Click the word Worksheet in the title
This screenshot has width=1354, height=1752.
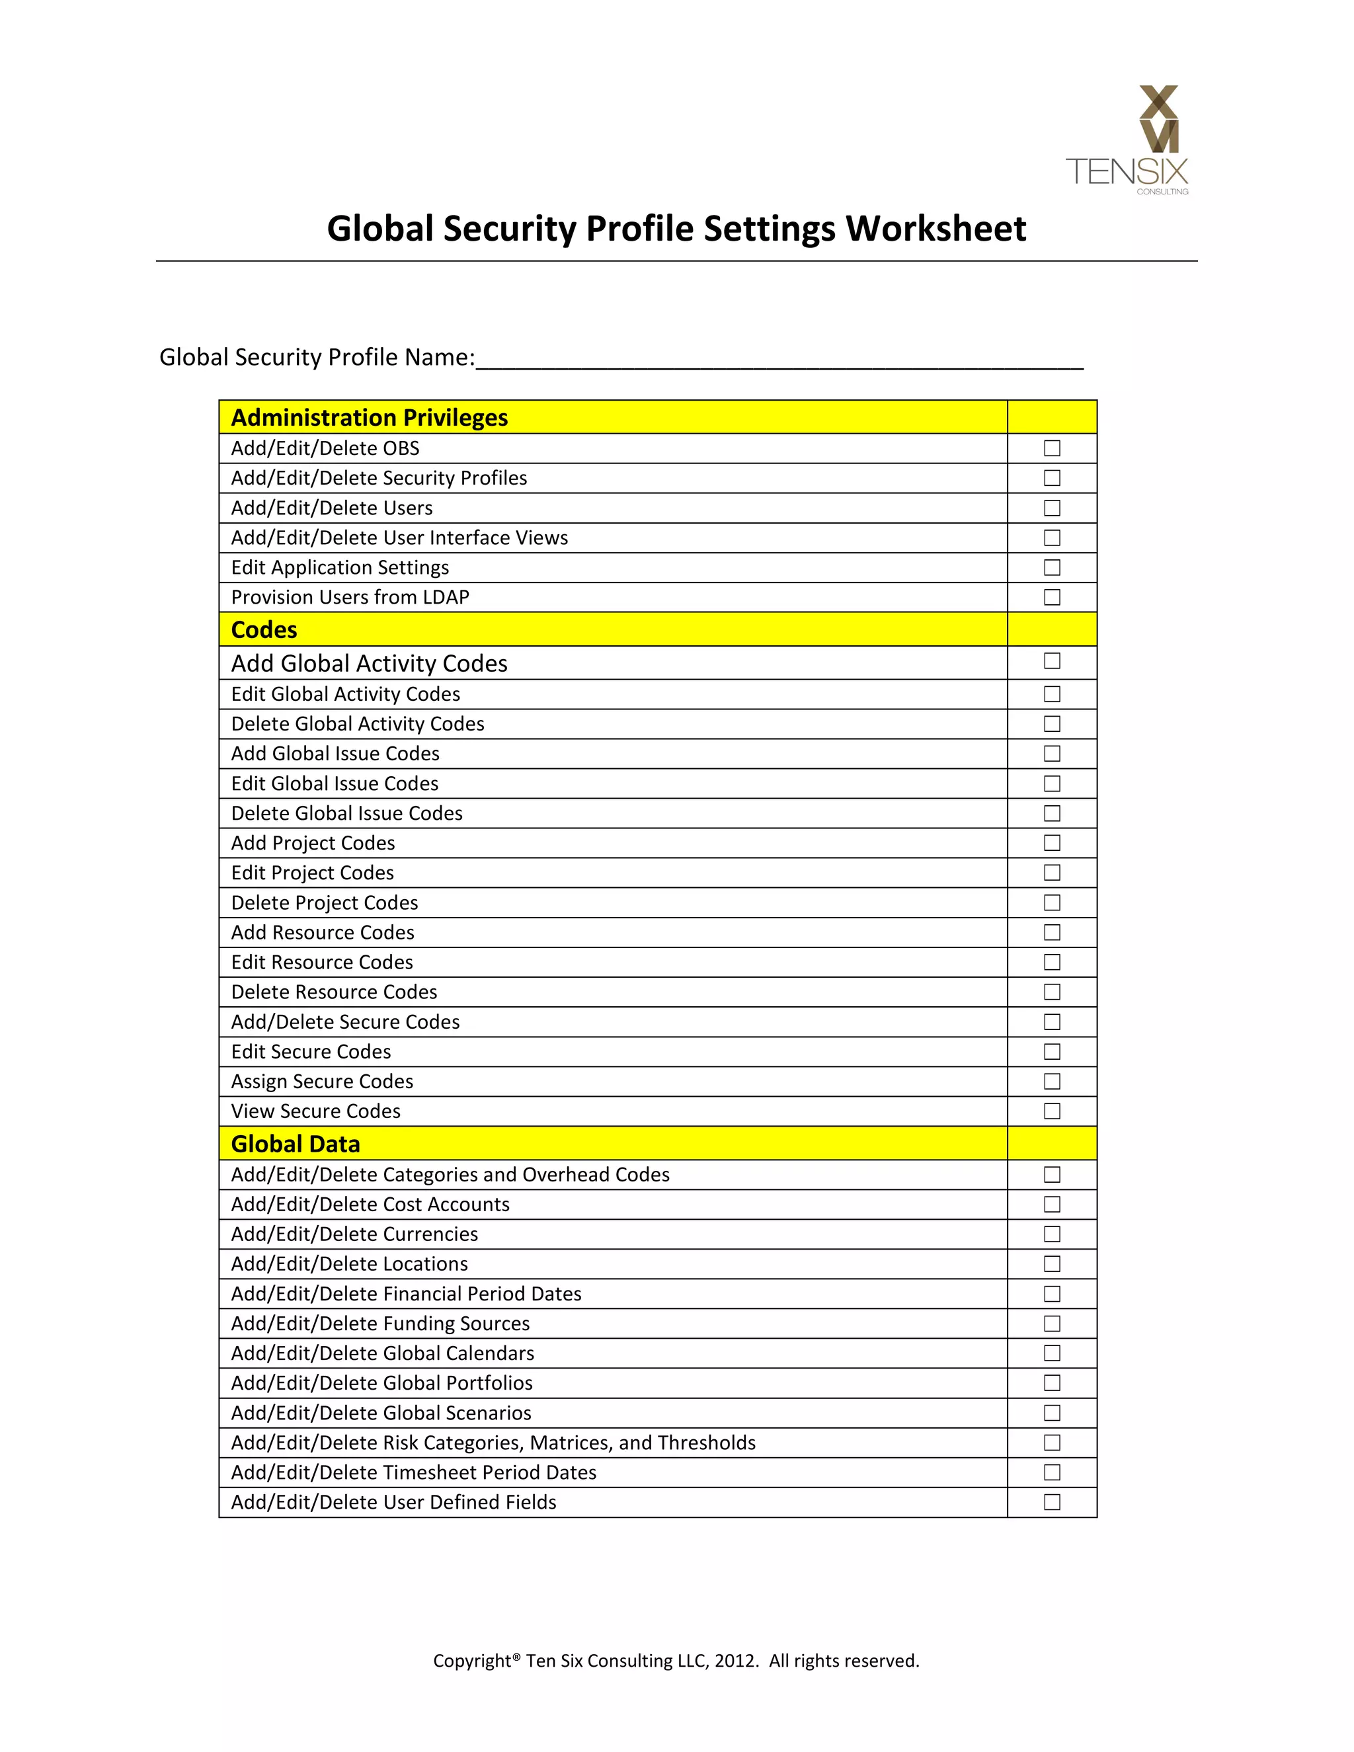pyautogui.click(x=936, y=229)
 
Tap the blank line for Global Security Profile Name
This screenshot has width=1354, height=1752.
pyautogui.click(x=778, y=358)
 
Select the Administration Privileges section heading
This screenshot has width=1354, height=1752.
pyautogui.click(x=370, y=418)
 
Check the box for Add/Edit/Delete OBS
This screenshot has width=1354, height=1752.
pyautogui.click(x=1052, y=448)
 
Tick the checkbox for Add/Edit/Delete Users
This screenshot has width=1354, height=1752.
pyautogui.click(x=1052, y=508)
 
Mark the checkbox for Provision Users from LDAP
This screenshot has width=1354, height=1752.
pyautogui.click(x=1052, y=597)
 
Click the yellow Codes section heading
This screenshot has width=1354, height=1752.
pyautogui.click(x=264, y=629)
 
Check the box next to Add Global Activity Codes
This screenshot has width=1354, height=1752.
pyautogui.click(x=1052, y=661)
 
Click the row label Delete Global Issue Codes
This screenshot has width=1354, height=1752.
pyautogui.click(x=346, y=813)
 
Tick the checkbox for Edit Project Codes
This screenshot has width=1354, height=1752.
pyautogui.click(x=1052, y=873)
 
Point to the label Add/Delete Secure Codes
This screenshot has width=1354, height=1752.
pyautogui.click(x=345, y=1022)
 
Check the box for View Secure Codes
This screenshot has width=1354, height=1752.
pyautogui.click(x=1052, y=1111)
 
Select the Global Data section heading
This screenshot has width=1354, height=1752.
pyautogui.click(x=295, y=1144)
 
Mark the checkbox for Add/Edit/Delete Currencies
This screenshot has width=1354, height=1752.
pyautogui.click(x=1052, y=1234)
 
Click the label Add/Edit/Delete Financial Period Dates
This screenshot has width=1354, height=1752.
pyautogui.click(x=406, y=1294)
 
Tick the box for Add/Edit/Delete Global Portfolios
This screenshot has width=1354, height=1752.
pyautogui.click(x=1052, y=1383)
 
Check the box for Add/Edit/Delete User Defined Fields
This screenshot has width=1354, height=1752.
pyautogui.click(x=1052, y=1503)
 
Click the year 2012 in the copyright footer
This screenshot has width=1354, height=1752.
pyautogui.click(x=735, y=1661)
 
